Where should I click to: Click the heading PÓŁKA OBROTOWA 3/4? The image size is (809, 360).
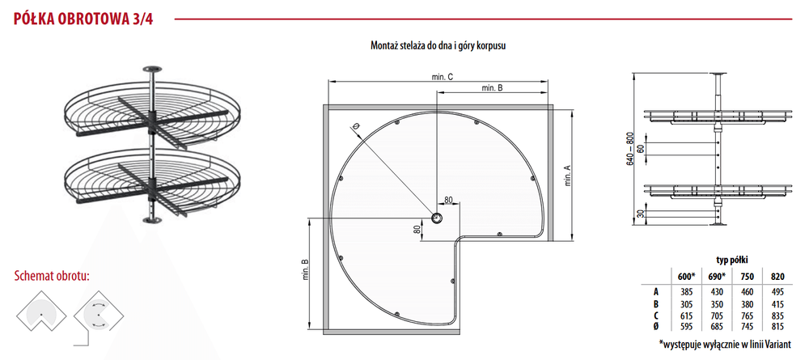coord(84,19)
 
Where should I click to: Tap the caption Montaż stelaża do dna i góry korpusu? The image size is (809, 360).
coord(438,45)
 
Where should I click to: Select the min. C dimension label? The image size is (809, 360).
coord(443,77)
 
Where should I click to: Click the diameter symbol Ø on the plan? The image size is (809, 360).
coord(355,125)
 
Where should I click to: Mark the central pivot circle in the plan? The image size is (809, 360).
coord(437,218)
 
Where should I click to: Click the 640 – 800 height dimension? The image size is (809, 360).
coord(630,150)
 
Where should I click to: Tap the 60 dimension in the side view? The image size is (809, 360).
coord(640,149)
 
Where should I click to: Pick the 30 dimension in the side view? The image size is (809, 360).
coord(640,214)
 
